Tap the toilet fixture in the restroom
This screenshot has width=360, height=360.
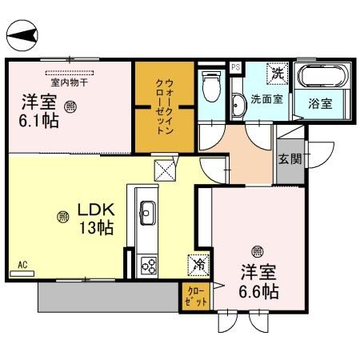(x=212, y=86)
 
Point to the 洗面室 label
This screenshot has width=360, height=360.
(x=266, y=100)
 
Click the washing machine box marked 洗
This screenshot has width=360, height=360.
(x=277, y=73)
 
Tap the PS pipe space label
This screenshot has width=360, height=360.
(x=235, y=67)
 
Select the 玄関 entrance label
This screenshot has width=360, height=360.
(x=290, y=158)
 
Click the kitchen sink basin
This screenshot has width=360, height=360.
(x=148, y=212)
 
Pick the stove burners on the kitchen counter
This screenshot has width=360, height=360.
(x=148, y=264)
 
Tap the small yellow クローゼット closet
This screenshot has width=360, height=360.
(x=196, y=296)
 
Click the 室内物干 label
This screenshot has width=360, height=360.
(x=68, y=81)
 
